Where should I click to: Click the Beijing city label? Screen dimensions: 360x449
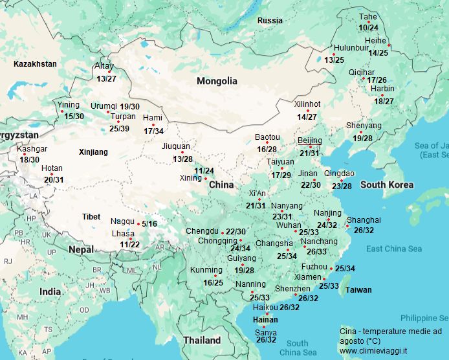(x=309, y=141)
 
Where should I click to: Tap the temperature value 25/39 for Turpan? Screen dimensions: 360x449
(x=119, y=128)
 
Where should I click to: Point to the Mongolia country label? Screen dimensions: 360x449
(x=217, y=82)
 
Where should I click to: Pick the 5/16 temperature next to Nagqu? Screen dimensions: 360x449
(x=149, y=224)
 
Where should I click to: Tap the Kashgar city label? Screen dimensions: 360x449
(x=32, y=149)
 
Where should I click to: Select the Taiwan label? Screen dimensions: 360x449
(x=358, y=290)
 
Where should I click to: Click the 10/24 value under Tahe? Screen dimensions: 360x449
(x=368, y=27)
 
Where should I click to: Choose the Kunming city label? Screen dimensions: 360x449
(x=206, y=270)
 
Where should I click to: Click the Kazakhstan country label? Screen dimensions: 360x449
(x=35, y=63)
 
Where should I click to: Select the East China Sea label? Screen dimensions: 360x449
(x=393, y=249)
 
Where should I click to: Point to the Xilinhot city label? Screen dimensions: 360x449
(x=307, y=104)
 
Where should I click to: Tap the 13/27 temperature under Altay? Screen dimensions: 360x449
(x=106, y=78)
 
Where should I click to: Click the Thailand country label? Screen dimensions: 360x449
(x=202, y=340)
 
